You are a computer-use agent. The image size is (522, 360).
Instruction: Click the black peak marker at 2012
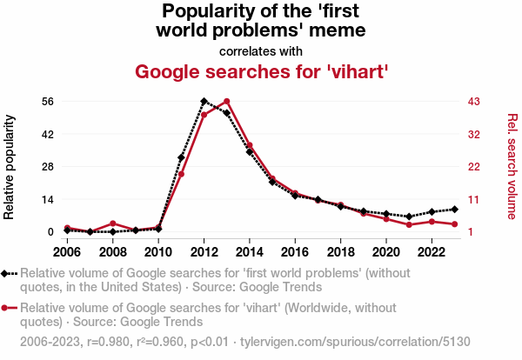(204, 102)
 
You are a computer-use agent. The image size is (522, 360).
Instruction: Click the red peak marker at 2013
(226, 102)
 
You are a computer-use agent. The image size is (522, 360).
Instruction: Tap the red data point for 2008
(113, 223)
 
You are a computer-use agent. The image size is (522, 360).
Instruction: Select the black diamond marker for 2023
(454, 209)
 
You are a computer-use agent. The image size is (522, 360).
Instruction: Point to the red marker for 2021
(409, 225)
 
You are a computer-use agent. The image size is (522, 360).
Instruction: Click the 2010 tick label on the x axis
(158, 251)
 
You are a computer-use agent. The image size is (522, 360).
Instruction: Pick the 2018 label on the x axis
(340, 251)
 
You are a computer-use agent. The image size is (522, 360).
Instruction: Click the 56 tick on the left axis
(49, 101)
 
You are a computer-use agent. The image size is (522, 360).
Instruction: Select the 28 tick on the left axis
(49, 166)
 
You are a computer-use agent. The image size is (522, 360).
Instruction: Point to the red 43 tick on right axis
(475, 101)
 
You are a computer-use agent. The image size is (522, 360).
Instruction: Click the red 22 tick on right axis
(475, 166)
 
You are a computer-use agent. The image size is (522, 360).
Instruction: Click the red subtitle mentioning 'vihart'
(261, 70)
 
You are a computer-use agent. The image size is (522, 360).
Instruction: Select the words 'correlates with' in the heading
(261, 50)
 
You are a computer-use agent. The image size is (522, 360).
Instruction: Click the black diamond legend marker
(8, 273)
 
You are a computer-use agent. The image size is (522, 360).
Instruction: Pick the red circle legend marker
(8, 307)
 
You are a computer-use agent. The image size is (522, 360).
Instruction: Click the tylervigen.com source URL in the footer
(374, 340)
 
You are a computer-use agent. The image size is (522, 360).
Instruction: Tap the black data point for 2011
(181, 157)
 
